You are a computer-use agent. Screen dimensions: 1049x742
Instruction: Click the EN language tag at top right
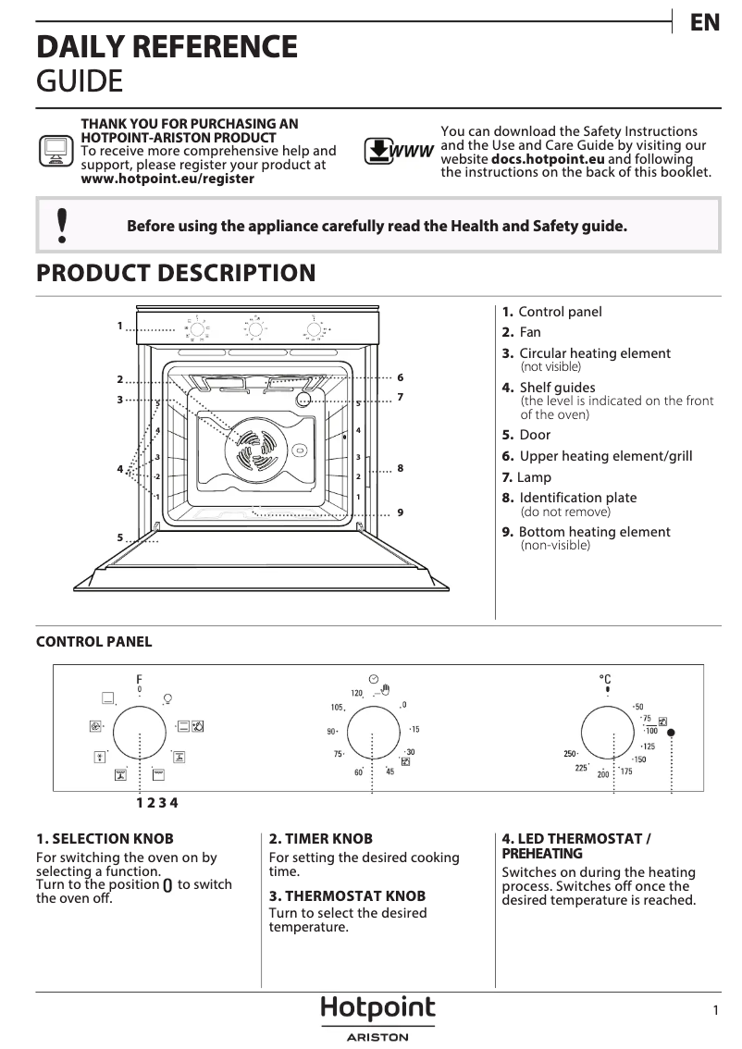705,23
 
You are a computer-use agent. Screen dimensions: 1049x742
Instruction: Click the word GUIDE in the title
79,81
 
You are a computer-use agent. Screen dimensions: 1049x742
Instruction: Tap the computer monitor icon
55,151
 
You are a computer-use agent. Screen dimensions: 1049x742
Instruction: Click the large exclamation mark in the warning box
61,225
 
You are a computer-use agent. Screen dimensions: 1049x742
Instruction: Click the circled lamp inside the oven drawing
303,400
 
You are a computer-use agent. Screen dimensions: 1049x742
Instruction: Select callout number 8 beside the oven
400,469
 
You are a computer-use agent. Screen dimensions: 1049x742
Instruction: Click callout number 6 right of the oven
400,377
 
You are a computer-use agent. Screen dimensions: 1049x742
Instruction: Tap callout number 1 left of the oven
120,326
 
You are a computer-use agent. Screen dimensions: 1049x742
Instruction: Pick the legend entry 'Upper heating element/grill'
605,456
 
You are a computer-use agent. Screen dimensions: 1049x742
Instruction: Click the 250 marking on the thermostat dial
570,754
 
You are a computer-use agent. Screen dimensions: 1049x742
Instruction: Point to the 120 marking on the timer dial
356,693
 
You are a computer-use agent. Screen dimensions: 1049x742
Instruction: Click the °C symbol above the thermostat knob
606,679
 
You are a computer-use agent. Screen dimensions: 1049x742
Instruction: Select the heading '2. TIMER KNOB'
320,839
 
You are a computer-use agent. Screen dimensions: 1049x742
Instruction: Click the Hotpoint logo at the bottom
377,1009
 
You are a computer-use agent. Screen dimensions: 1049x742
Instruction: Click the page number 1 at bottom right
715,1011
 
